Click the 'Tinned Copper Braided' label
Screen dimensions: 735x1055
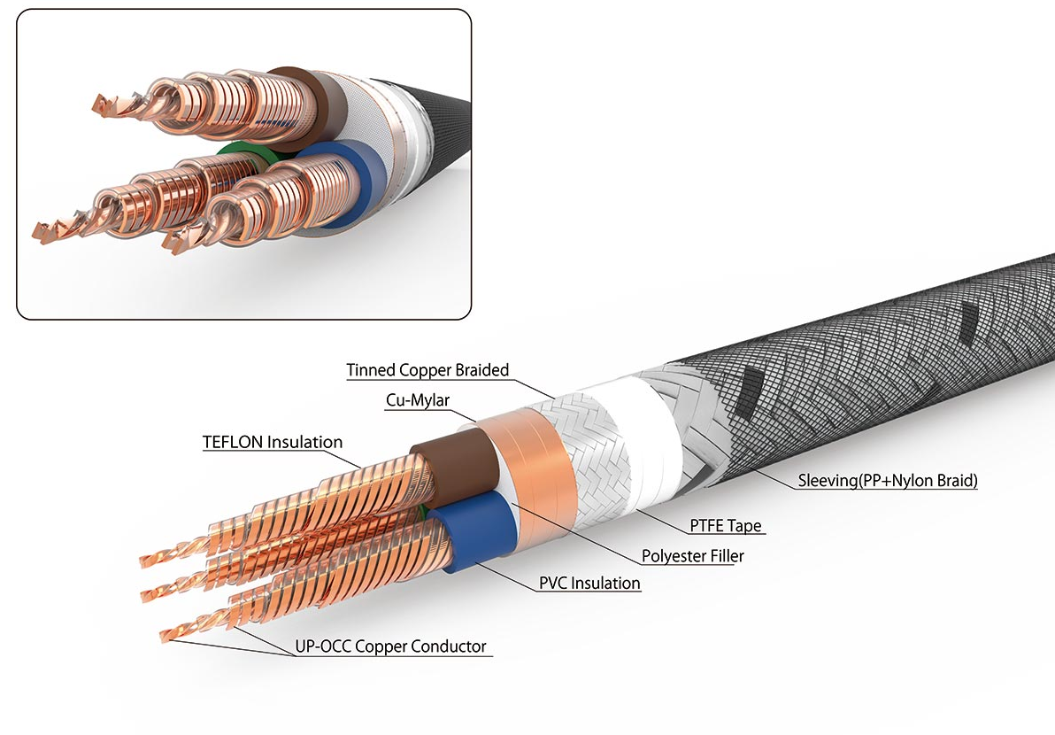[427, 370]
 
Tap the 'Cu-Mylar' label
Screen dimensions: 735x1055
[417, 400]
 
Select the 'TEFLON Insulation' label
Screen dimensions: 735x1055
[273, 442]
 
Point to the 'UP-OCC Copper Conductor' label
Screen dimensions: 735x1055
[390, 646]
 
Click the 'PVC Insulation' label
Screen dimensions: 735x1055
[589, 584]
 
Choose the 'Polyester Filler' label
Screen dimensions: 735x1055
[692, 556]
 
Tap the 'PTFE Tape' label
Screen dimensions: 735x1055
[726, 526]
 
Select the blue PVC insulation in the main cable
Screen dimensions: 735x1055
[474, 531]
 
